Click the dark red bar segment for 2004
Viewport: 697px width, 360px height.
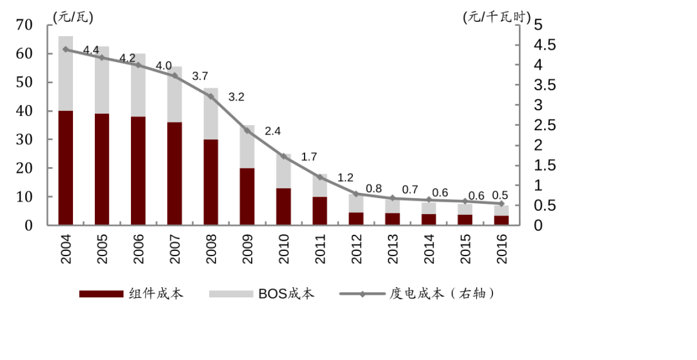tap(66, 168)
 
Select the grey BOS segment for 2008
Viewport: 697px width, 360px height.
tap(211, 114)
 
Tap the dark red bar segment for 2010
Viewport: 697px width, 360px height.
tap(284, 206)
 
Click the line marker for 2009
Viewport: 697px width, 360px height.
tap(247, 130)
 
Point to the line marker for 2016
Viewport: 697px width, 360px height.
tap(501, 204)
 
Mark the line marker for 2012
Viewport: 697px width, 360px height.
tap(356, 194)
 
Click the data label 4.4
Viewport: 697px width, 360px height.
tap(91, 50)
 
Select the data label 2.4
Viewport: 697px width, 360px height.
tap(272, 131)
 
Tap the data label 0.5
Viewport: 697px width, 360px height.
tap(500, 195)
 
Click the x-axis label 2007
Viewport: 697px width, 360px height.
tap(175, 248)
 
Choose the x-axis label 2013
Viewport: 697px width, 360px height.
tap(393, 248)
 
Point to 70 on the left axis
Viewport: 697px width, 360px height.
tap(25, 25)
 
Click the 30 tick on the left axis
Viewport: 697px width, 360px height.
tap(25, 139)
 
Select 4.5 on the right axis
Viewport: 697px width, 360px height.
tap(543, 45)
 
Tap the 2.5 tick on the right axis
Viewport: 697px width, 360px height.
tap(543, 125)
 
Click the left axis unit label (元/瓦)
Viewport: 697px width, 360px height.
tap(73, 18)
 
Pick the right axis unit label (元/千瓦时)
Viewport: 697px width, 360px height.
tap(495, 18)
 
